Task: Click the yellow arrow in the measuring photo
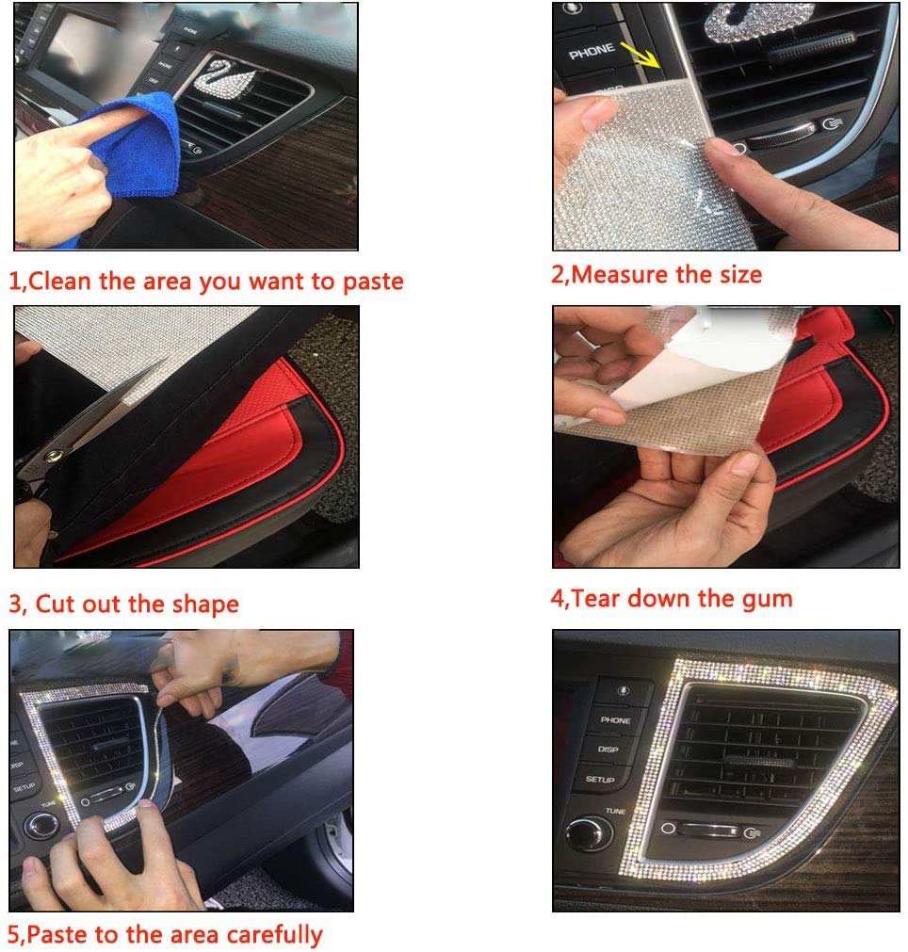click(x=640, y=55)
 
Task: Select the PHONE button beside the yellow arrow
click(x=591, y=52)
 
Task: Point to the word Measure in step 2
click(x=619, y=275)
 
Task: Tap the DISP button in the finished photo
click(x=608, y=750)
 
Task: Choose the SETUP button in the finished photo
click(x=599, y=779)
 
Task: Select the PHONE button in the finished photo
click(x=615, y=720)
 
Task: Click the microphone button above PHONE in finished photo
click(x=624, y=691)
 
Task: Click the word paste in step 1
click(x=373, y=282)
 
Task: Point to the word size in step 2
click(x=740, y=275)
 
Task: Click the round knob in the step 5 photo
click(x=42, y=826)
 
